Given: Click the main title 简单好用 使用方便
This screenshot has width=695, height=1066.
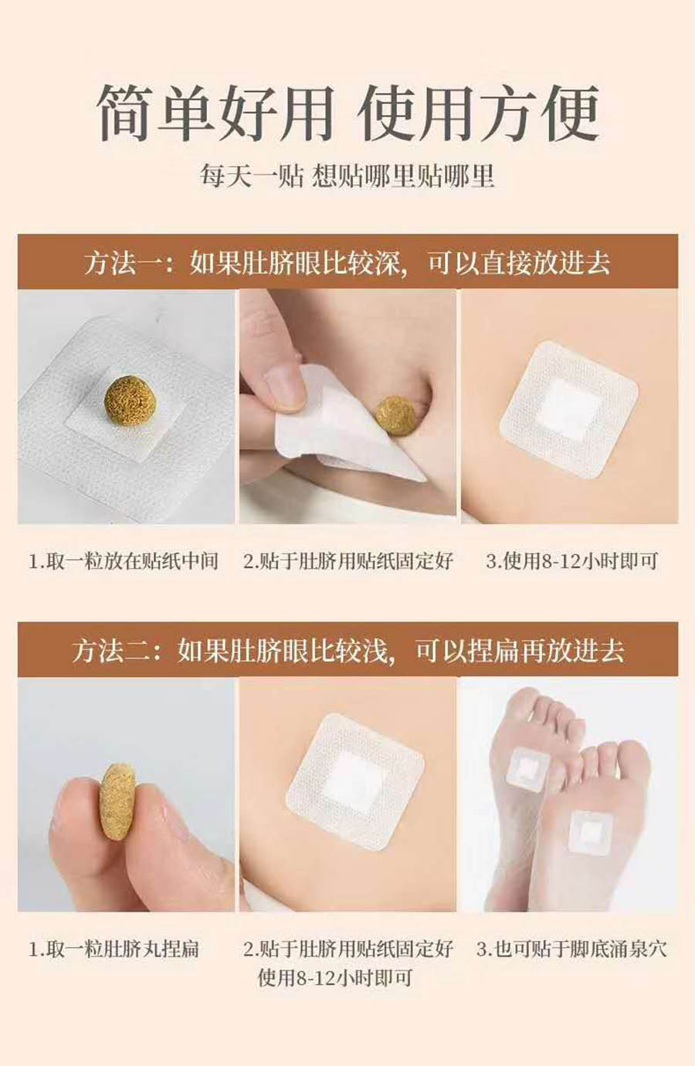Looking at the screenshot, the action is [348, 113].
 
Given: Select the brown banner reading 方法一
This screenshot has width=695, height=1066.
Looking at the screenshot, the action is [348, 261].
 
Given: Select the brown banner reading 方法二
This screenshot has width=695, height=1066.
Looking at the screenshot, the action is [348, 650].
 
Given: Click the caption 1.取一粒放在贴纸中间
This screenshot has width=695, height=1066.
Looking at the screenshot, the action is [124, 561].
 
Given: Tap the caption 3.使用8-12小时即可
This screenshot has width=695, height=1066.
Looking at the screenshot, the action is [571, 561].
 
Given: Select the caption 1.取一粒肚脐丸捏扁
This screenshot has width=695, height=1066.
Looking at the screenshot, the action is [114, 949].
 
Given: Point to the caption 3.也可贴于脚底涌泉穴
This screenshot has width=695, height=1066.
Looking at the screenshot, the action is [571, 949].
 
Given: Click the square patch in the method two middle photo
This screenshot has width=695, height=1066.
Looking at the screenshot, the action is [355, 781].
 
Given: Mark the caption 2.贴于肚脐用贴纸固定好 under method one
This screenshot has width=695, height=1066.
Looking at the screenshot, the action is [348, 561].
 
